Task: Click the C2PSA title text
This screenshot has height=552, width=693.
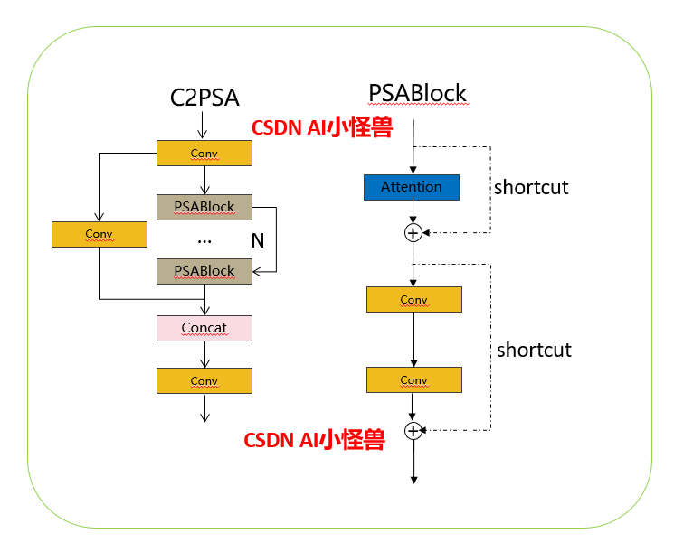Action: click(204, 97)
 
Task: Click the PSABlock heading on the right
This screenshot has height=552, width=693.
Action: click(417, 93)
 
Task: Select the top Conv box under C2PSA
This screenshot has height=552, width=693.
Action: click(204, 154)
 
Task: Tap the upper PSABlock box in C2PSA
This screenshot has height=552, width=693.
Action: click(204, 207)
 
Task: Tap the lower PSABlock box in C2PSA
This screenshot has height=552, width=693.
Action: click(204, 271)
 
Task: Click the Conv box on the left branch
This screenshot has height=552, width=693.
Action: click(99, 234)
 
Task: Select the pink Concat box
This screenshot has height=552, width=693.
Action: click(204, 328)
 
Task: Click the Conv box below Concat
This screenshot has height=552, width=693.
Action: click(204, 381)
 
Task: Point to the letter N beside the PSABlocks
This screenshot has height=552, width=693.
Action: click(257, 240)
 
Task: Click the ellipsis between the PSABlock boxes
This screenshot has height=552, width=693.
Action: click(204, 240)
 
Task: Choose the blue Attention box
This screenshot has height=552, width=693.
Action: click(412, 187)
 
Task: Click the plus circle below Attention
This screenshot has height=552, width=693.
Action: click(413, 233)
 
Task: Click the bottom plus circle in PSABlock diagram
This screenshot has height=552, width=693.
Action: click(413, 431)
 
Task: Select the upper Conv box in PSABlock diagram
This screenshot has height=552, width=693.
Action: click(413, 300)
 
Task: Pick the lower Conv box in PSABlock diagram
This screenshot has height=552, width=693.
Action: click(413, 379)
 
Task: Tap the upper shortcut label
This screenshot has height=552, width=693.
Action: click(531, 188)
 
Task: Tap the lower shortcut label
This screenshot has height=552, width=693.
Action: click(534, 350)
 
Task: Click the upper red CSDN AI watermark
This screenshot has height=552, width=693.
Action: click(321, 128)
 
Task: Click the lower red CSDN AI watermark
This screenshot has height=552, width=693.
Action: click(314, 440)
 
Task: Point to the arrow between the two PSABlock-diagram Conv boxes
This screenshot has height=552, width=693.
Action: click(413, 340)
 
